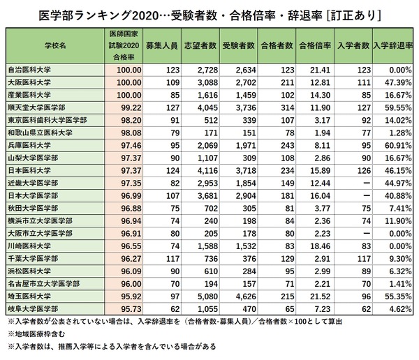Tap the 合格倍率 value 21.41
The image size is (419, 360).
316,70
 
